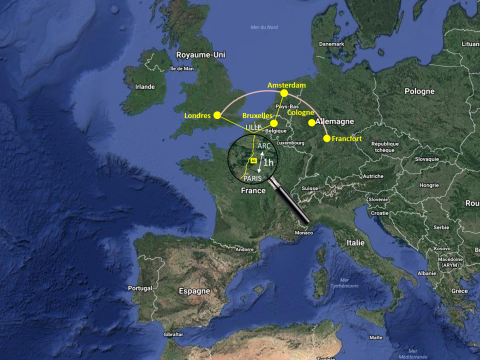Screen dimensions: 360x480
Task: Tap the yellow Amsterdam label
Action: (286, 86)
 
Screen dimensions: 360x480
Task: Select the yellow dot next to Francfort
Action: (326, 138)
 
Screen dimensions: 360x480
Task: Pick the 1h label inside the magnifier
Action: (268, 162)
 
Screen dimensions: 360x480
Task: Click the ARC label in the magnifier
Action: (263, 145)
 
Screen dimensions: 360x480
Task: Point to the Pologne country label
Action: (419, 90)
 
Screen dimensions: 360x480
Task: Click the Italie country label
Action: (356, 242)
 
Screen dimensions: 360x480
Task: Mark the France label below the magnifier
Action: (253, 190)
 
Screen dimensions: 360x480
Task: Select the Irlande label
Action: (145, 86)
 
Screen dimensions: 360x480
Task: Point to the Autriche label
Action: (372, 175)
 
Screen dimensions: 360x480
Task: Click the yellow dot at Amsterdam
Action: (283, 94)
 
